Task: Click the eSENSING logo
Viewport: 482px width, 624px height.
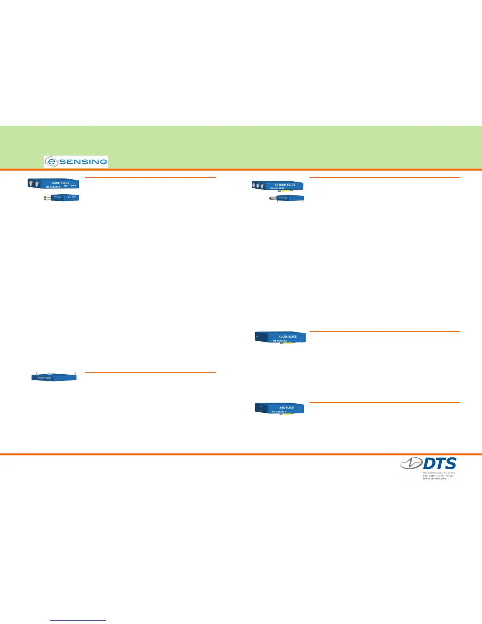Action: point(76,162)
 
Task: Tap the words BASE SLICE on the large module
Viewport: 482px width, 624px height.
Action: point(61,183)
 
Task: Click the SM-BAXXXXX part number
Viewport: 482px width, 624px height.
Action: point(53,187)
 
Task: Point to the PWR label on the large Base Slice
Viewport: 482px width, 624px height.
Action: point(73,186)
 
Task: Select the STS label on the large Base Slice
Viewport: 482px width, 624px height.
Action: point(66,186)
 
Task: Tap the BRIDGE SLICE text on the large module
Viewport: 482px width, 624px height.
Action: point(285,185)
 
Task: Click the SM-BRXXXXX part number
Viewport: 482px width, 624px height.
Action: point(277,188)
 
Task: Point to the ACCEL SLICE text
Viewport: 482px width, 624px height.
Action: point(287,336)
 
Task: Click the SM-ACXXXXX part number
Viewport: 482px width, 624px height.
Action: point(280,341)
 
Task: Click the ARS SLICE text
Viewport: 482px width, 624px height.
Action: point(286,408)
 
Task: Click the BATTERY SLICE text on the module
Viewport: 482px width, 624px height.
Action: point(44,378)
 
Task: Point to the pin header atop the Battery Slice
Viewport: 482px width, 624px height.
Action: point(50,373)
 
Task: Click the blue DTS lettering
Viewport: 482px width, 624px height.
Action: point(439,464)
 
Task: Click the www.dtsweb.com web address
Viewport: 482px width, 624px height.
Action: point(434,478)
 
